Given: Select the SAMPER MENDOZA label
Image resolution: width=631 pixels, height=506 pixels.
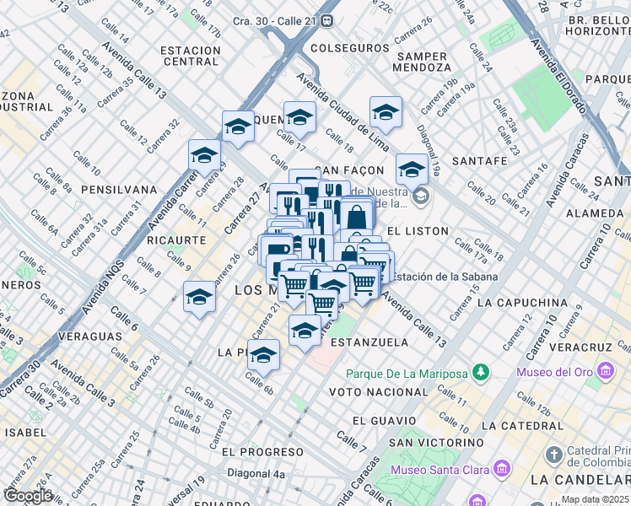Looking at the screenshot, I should (x=420, y=63).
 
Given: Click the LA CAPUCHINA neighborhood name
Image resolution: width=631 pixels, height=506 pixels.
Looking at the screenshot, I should (x=521, y=302).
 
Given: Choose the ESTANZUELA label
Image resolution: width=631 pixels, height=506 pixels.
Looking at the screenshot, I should (x=369, y=342).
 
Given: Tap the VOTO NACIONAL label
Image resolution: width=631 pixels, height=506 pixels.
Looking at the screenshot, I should (x=379, y=392).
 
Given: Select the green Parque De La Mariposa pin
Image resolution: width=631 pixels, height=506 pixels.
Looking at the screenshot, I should (x=480, y=372).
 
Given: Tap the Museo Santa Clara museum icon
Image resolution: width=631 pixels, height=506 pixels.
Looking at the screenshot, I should (x=501, y=467).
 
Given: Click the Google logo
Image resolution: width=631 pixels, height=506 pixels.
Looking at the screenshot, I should (x=28, y=496).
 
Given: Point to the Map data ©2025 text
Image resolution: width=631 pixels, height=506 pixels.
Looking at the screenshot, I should (x=595, y=499).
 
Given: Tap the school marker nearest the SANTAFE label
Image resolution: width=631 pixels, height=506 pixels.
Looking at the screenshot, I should (x=411, y=169).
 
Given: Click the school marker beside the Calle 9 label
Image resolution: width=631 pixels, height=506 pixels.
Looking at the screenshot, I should (x=199, y=298).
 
